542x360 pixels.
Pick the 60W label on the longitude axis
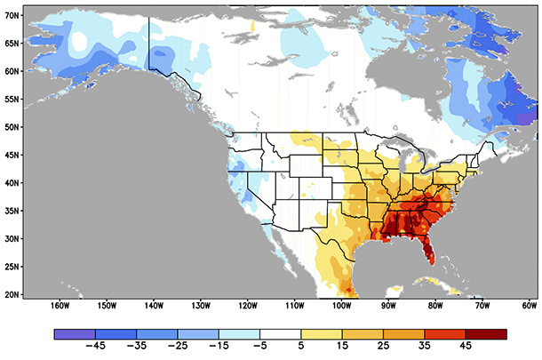pos(530,306)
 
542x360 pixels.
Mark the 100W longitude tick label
pos(341,306)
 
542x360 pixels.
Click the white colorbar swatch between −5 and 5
pos(280,334)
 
